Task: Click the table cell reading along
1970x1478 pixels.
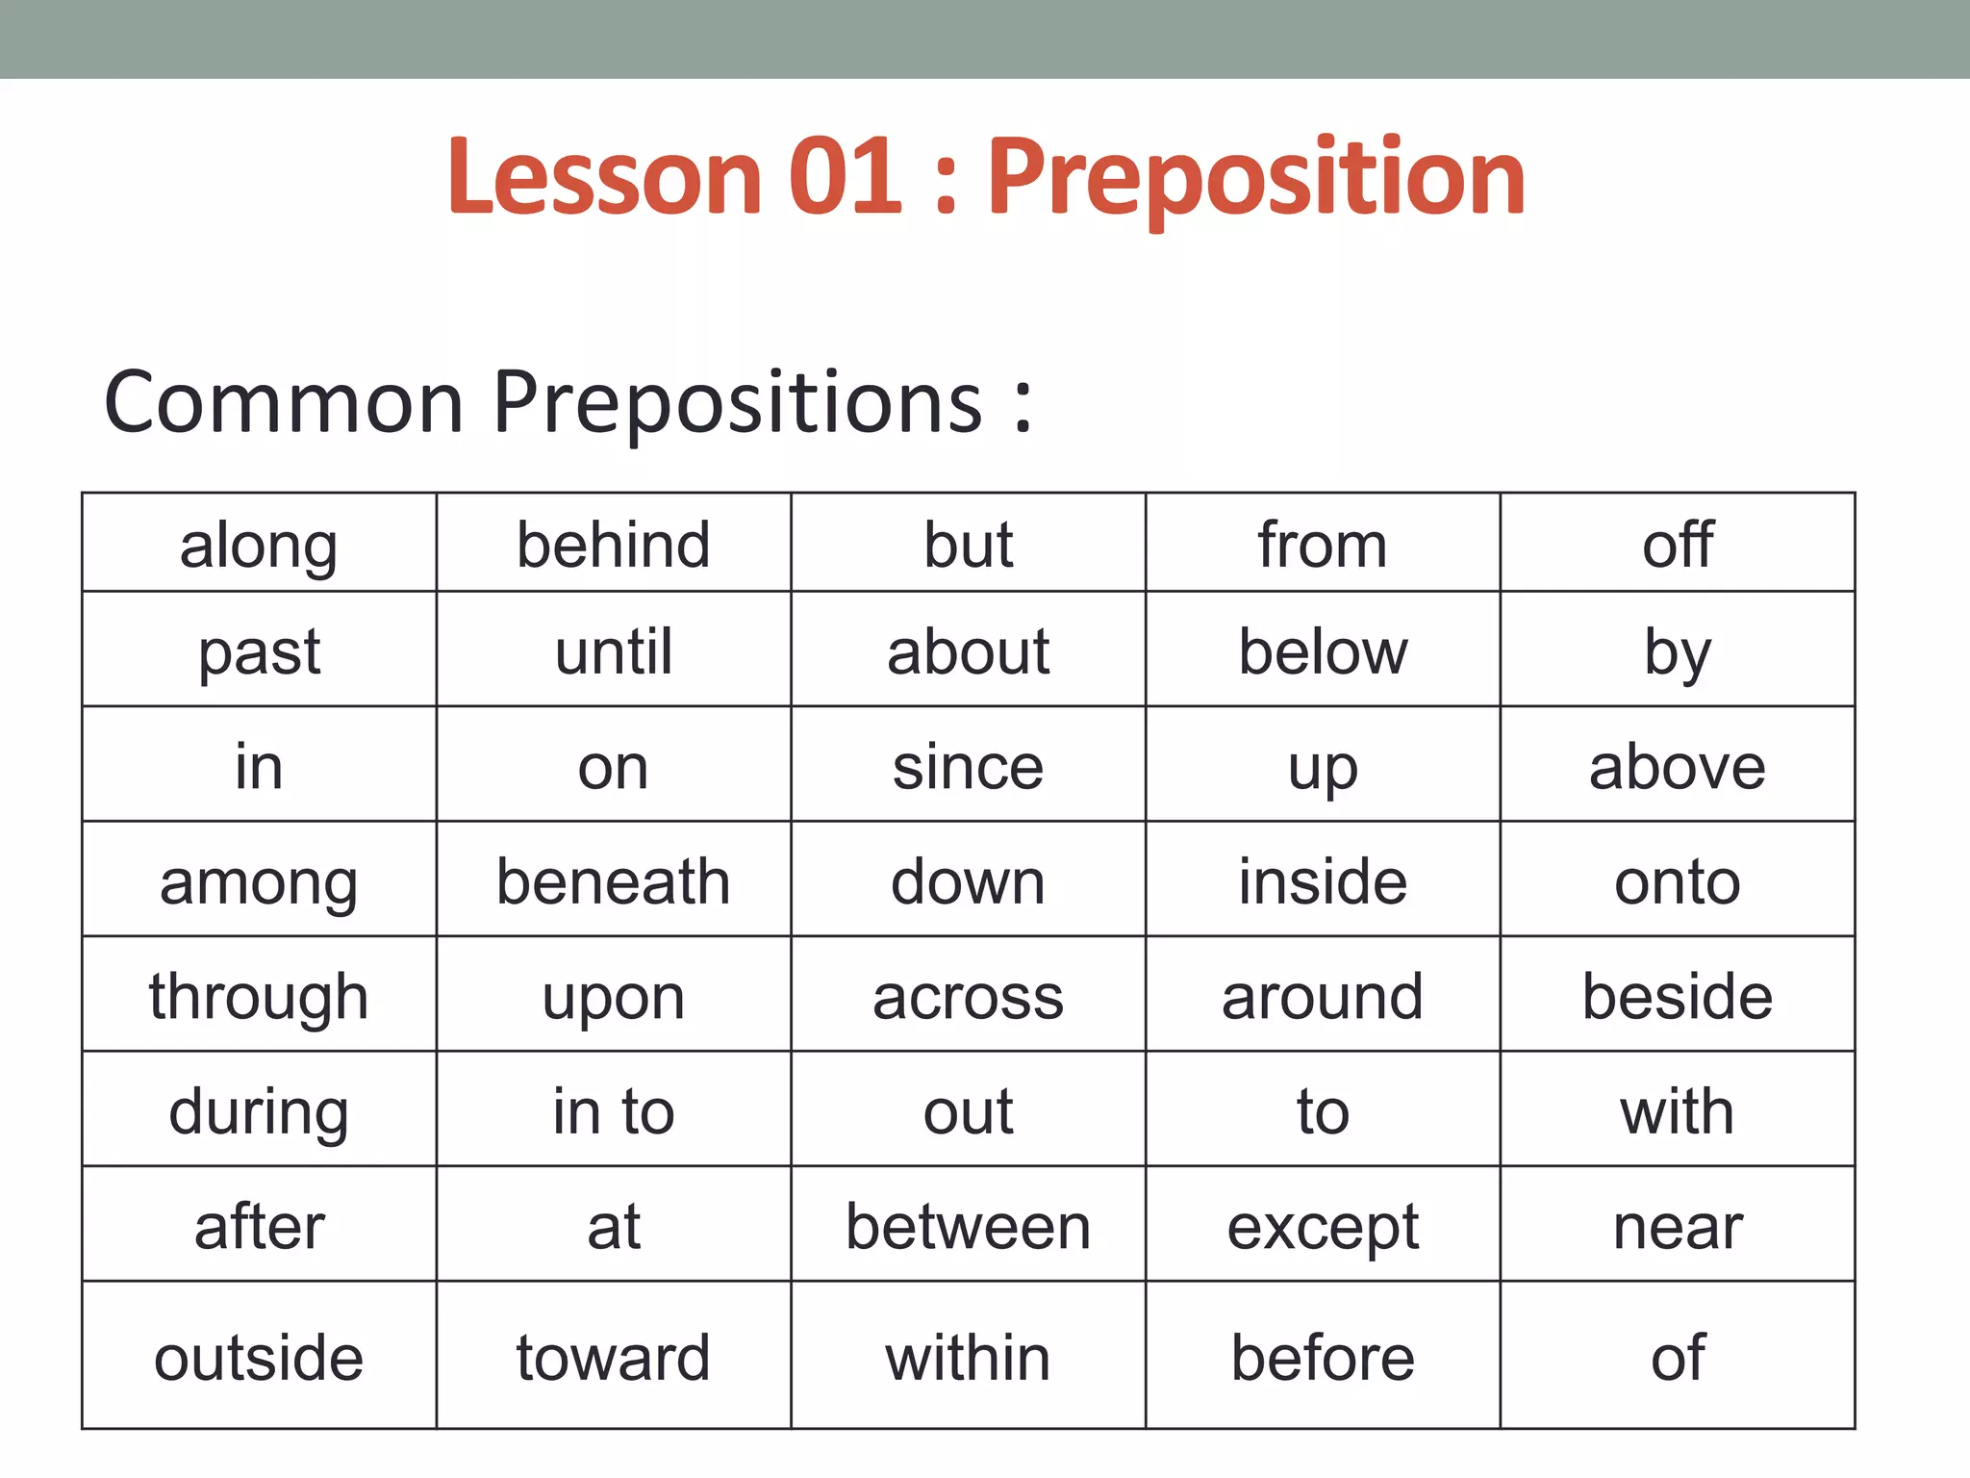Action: click(259, 545)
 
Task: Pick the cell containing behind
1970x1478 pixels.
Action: click(614, 545)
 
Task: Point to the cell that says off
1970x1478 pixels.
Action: click(1678, 545)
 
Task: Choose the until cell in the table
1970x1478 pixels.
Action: click(614, 651)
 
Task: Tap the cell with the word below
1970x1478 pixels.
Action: click(1323, 651)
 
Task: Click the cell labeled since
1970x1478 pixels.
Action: click(968, 767)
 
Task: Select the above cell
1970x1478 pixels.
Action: click(1678, 767)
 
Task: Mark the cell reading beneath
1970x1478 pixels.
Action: click(614, 881)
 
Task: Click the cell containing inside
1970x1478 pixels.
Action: click(1323, 881)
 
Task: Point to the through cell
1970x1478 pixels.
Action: click(259, 997)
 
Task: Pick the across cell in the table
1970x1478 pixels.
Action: click(968, 997)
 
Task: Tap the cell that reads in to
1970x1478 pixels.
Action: click(614, 1111)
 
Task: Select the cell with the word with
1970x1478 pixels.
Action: click(1678, 1111)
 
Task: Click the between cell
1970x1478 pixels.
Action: click(968, 1227)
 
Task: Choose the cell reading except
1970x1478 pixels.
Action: click(1323, 1227)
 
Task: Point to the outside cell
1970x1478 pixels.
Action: click(259, 1358)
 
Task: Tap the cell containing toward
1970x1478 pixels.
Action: click(614, 1358)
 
